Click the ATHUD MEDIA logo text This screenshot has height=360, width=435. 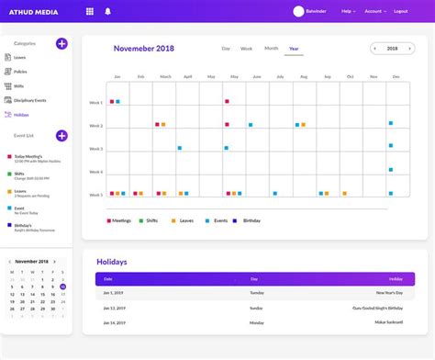point(33,11)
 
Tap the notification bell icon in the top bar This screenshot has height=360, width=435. point(107,11)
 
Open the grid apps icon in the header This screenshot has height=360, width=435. point(89,11)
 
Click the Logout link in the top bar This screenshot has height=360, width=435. point(400,11)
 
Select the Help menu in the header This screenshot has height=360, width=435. point(347,11)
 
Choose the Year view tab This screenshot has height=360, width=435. point(294,48)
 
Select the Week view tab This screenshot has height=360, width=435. point(246,48)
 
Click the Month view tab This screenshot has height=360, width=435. point(271,48)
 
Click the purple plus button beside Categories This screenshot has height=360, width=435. point(61,43)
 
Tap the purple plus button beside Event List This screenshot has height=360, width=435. point(61,135)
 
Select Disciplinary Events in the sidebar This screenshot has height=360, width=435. point(30,100)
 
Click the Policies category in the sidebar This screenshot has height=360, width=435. point(21,71)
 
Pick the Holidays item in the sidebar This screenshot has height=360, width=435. point(22,115)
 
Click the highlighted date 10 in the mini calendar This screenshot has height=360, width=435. point(62,287)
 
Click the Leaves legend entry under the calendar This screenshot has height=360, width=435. point(184,221)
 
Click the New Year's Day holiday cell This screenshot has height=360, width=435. point(388,293)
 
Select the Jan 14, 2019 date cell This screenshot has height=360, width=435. point(115,323)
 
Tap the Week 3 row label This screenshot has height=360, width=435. point(95,149)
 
